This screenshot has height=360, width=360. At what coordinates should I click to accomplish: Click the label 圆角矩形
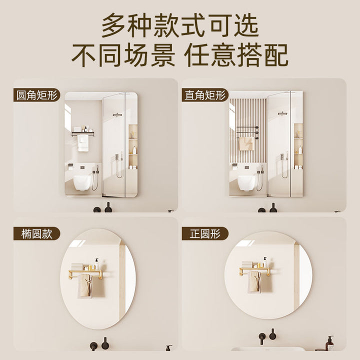tap(36, 95)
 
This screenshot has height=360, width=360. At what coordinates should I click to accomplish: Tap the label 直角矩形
tap(205, 95)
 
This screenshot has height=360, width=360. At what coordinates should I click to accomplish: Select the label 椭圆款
tap(36, 233)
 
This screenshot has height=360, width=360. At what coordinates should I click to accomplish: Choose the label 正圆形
tap(205, 233)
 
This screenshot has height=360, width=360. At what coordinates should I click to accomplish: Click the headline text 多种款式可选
tap(180, 25)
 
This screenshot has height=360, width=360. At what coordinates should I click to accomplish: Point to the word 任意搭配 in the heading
tap(236, 55)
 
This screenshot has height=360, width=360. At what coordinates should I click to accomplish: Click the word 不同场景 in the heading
tap(123, 55)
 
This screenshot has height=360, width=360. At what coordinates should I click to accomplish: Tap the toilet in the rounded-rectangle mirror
tap(82, 182)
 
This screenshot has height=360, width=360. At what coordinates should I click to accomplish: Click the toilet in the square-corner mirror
tap(247, 183)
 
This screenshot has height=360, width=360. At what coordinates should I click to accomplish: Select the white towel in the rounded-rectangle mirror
tap(83, 143)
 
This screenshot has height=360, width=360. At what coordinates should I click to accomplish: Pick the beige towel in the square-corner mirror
tap(246, 143)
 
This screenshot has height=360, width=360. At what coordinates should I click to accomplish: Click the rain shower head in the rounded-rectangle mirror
tap(117, 114)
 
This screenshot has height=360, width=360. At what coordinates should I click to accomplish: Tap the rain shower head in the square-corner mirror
tap(282, 113)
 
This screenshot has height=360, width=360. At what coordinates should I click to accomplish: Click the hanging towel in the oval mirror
tap(85, 286)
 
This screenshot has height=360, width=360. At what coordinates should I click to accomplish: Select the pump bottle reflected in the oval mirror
tap(97, 264)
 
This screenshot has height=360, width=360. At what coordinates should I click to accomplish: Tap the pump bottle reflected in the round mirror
tap(265, 262)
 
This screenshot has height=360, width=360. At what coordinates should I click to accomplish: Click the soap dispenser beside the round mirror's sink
tap(330, 343)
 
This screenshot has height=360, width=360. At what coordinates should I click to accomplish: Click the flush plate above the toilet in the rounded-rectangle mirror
tap(82, 167)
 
